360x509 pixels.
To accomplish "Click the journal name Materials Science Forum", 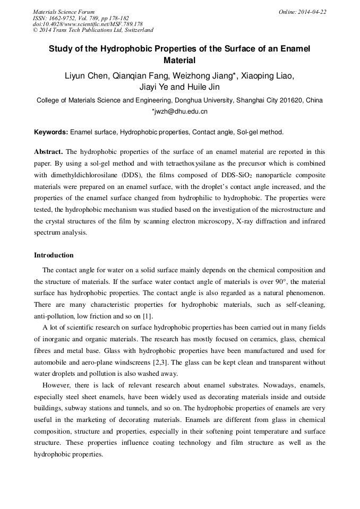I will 64,12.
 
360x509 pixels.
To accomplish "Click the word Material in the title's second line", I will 179,61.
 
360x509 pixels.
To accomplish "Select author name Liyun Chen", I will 85,76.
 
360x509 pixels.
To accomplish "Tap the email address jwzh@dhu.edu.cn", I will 181,111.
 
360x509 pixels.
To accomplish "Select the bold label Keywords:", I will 51,132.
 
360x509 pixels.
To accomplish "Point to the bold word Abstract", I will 48,151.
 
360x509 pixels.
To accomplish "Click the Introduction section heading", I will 54,255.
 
